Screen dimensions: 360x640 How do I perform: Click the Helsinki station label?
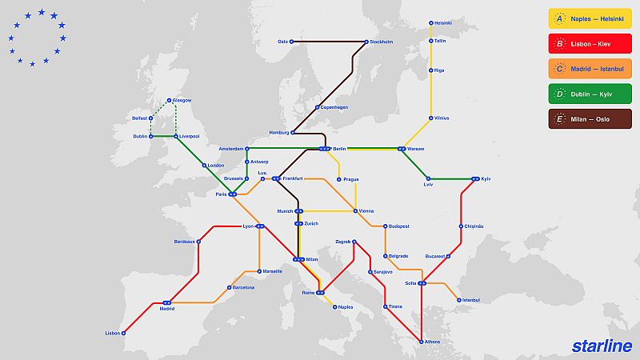tap(443, 22)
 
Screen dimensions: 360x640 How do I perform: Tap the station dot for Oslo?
tap(292, 42)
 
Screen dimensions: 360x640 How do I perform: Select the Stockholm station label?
tap(382, 42)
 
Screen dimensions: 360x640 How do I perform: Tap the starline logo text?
tap(602, 346)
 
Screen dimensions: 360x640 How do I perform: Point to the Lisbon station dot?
tap(124, 333)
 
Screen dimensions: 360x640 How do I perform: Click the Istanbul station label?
tap(470, 300)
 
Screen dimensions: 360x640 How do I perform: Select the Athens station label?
tap(432, 342)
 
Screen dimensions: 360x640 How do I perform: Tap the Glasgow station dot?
tap(169, 100)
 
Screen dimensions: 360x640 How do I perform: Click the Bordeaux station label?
tap(184, 242)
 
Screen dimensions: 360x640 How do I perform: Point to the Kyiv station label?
tap(486, 178)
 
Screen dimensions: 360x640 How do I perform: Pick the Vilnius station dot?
tap(430, 118)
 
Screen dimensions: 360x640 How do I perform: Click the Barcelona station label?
tap(243, 286)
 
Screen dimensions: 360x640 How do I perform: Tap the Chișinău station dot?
tap(462, 226)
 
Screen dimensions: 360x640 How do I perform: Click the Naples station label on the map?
tap(345, 306)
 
